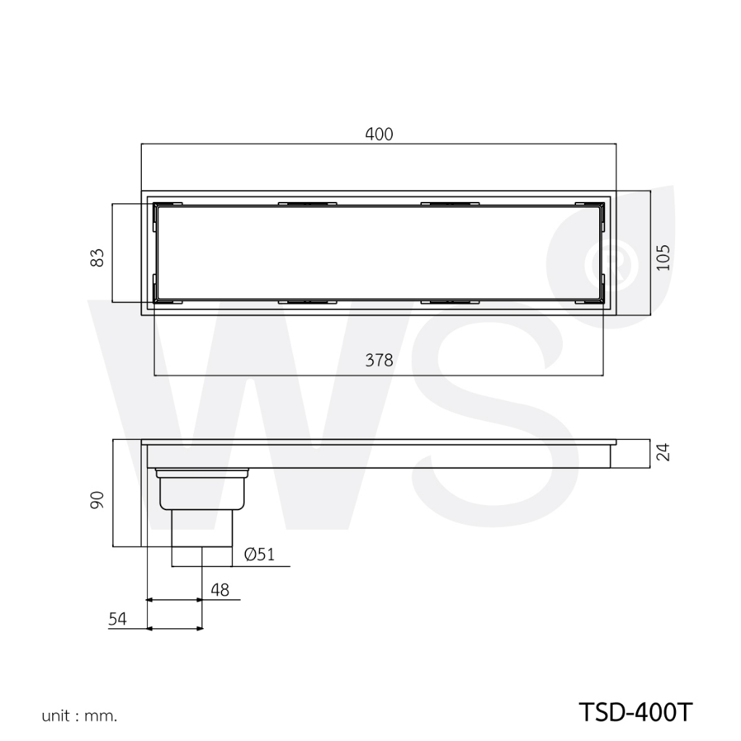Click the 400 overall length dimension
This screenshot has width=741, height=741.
coord(379,134)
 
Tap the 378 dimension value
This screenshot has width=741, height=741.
coord(379,360)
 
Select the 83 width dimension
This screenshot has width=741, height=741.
coord(97,258)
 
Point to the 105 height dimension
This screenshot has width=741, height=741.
coord(664,258)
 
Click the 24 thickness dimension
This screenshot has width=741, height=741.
coord(664,452)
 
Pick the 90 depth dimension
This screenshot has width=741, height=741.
coord(97,500)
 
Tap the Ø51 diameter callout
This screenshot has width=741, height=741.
coord(260,554)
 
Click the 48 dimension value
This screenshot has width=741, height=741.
coord(220,590)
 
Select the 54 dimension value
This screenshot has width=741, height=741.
coord(118,619)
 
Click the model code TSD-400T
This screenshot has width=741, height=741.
coord(635,712)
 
